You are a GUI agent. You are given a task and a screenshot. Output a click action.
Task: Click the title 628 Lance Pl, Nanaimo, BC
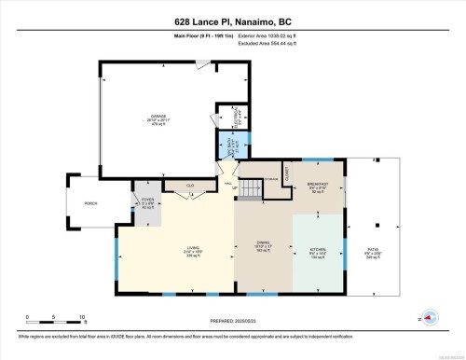coord(232,19)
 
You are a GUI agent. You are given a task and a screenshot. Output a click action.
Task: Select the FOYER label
coord(147,201)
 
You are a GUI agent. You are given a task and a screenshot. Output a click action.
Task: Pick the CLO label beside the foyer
coord(191,186)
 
